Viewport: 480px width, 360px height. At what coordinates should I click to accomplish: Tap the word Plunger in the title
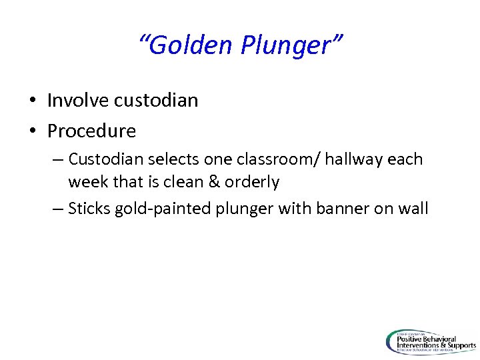pyautogui.click(x=292, y=45)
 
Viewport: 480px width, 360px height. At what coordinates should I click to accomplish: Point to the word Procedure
pyautogui.click(x=91, y=131)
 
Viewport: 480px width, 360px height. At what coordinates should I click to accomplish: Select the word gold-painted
pyautogui.click(x=163, y=209)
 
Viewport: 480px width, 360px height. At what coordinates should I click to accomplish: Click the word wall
pyautogui.click(x=413, y=209)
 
